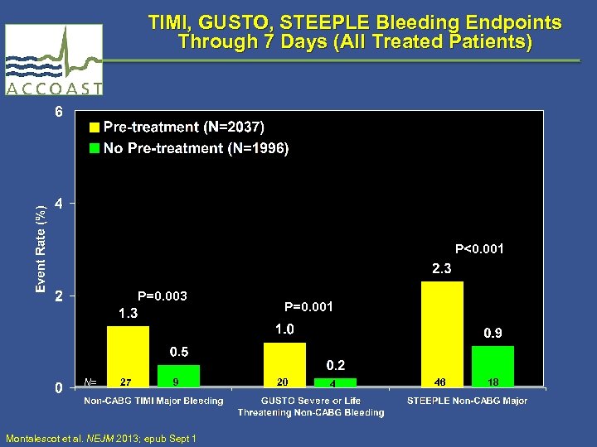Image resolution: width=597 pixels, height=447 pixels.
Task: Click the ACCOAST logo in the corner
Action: [x=53, y=60]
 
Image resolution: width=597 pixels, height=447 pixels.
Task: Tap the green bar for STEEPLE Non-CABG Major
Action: [x=493, y=365]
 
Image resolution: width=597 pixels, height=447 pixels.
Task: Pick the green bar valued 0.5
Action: [x=178, y=375]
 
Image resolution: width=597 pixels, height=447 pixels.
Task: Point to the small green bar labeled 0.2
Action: [x=334, y=382]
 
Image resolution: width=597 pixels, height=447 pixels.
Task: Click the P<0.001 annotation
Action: [x=479, y=248]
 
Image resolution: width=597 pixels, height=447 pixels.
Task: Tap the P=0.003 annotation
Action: [x=162, y=296]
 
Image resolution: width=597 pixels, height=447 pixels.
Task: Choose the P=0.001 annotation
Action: [x=308, y=307]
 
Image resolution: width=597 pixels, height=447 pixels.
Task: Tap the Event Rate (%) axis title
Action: [x=41, y=248]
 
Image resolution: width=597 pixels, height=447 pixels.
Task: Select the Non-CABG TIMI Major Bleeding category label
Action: [x=153, y=401]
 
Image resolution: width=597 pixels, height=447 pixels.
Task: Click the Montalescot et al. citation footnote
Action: [x=100, y=438]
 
